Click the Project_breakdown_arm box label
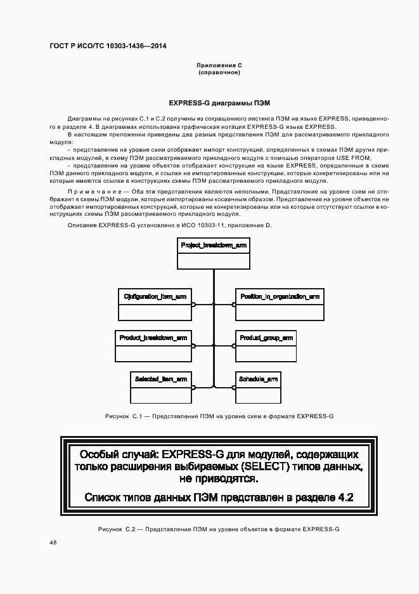[x=214, y=245]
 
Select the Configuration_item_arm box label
[x=155, y=296]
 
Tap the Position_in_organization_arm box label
[x=280, y=296]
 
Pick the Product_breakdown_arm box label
[x=153, y=338]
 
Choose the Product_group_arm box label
[x=266, y=338]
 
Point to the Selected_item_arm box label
[x=160, y=379]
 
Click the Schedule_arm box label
[x=258, y=379]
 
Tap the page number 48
[x=53, y=543]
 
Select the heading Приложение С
[x=219, y=65]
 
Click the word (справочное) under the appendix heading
[x=219, y=72]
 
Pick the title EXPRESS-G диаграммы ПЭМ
[x=219, y=103]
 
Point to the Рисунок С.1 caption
[x=219, y=416]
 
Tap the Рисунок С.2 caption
[x=219, y=529]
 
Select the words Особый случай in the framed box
[x=120, y=454]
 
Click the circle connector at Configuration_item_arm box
[x=194, y=305]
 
